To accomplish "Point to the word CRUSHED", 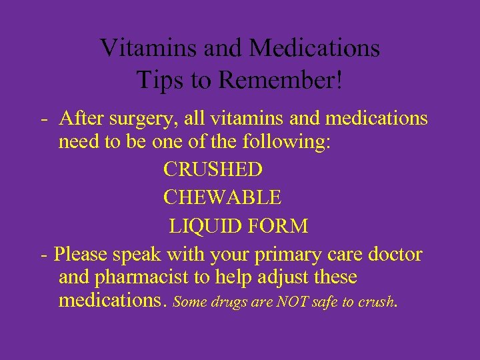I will tap(213, 169).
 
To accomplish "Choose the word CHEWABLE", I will tap(222, 197).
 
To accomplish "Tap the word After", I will tap(79, 119).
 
